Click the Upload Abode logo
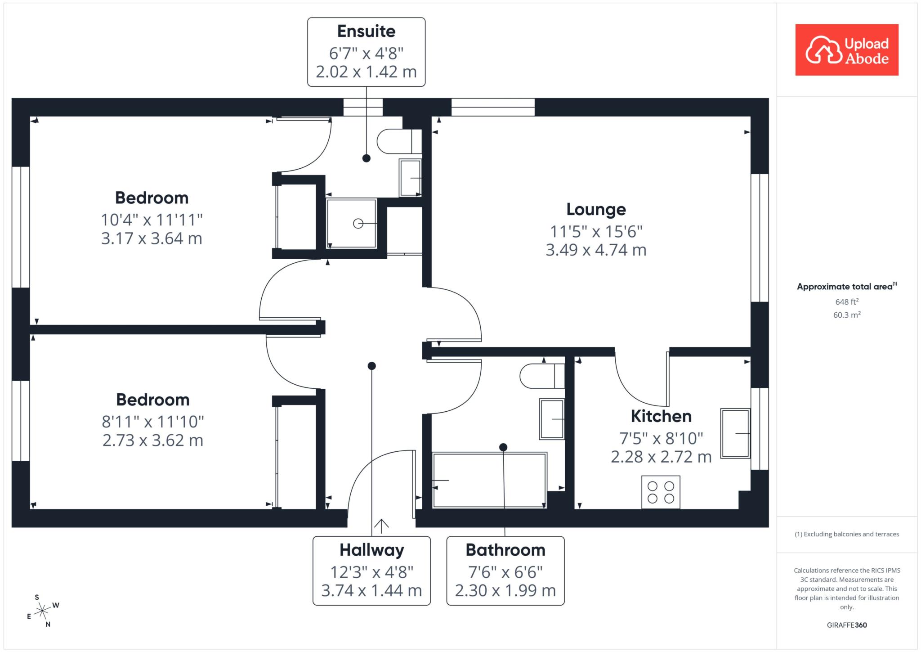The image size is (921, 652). [x=847, y=49]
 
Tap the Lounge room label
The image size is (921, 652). [x=596, y=209]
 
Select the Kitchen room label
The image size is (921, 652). [x=661, y=416]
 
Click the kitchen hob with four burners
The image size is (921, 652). [x=661, y=492]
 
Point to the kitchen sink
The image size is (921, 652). [x=735, y=433]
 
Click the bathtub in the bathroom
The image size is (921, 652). [x=489, y=480]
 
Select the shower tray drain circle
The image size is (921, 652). [x=358, y=224]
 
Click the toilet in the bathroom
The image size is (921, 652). [x=542, y=376]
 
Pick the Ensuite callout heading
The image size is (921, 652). [x=367, y=31]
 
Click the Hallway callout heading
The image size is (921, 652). [x=372, y=550]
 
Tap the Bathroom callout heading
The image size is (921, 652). [x=505, y=550]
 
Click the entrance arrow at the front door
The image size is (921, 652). [x=381, y=526]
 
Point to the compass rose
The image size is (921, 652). [x=43, y=611]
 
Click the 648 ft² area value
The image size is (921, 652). [x=847, y=301]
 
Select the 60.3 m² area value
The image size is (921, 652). [x=847, y=315]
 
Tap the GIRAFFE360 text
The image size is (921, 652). [x=847, y=625]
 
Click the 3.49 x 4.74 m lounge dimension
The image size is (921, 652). [x=596, y=250]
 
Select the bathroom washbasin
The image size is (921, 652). [x=552, y=419]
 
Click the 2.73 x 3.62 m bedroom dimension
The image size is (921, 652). [x=153, y=440]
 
